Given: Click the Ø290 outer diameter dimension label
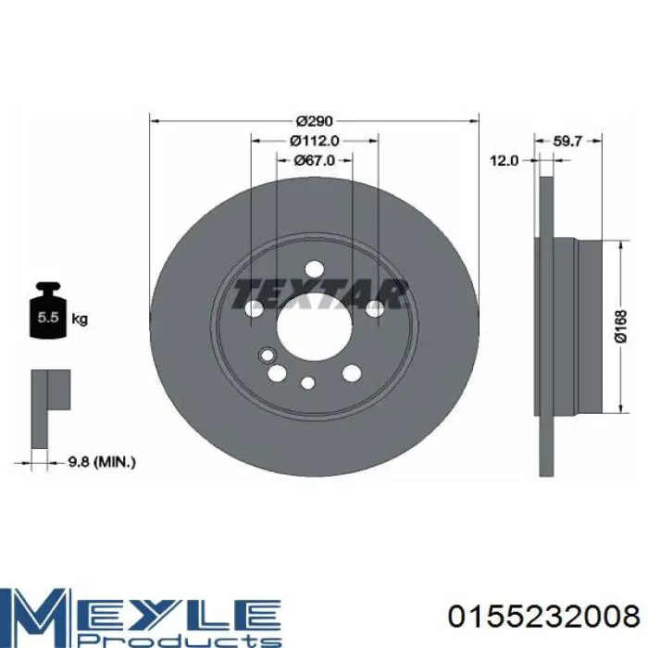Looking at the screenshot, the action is pos(315,121).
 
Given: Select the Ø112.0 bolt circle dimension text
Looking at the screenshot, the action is pos(315,141).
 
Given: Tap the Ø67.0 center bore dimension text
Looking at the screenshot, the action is pos(315,160).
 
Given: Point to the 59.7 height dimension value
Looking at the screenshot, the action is pos(567,141).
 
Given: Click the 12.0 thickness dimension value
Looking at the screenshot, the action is pos(504,160).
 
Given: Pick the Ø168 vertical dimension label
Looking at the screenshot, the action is pos(621,327).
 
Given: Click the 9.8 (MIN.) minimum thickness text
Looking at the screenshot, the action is pos(102,462).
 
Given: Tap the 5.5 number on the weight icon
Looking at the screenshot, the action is pos(48,318).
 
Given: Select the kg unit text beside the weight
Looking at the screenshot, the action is pos(80,319).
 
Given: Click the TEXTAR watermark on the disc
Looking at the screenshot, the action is pos(319,293).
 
